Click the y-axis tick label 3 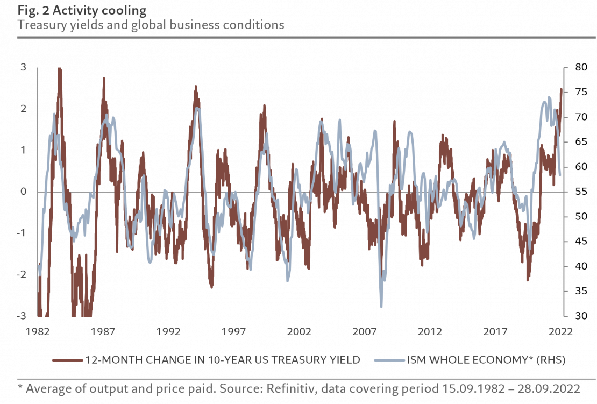[23, 67]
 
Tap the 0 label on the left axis [23, 192]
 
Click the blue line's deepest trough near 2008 [381, 307]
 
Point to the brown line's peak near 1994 [196, 86]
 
